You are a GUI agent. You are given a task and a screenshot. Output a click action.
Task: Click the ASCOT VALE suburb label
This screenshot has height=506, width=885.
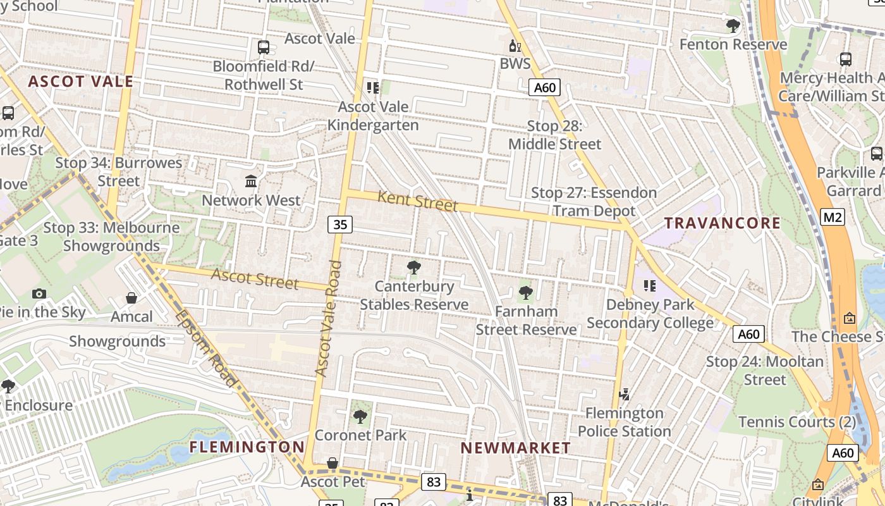(81, 81)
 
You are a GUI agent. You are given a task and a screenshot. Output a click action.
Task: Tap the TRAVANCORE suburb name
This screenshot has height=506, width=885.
(723, 223)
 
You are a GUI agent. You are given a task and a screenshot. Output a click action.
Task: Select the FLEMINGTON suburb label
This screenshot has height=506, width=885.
(247, 447)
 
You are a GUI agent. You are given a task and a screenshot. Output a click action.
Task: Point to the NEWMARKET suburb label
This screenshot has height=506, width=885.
(516, 448)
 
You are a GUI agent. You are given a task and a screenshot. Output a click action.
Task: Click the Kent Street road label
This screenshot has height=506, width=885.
(417, 201)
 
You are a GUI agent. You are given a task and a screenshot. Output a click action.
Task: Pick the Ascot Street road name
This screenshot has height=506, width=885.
(254, 278)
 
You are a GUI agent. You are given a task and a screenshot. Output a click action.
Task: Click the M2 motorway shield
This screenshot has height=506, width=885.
(833, 218)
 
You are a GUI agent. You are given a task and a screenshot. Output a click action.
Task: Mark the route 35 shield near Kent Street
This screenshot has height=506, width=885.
(339, 225)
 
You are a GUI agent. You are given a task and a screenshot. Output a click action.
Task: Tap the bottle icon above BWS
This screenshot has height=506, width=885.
(515, 46)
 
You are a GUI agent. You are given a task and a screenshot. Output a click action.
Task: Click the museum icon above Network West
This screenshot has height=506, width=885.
(251, 182)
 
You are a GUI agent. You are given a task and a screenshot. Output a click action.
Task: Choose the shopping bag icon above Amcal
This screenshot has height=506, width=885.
(131, 298)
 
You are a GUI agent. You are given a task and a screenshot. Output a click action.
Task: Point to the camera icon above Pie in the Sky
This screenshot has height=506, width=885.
(39, 293)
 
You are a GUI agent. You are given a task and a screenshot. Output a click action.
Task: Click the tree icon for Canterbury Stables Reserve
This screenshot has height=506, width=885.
(414, 268)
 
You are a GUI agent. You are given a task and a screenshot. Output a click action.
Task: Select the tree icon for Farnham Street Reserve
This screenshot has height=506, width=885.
(525, 293)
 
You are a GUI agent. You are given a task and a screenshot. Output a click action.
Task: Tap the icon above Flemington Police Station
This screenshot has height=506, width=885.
(624, 395)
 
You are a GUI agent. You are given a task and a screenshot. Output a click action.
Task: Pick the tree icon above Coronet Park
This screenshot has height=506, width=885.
(360, 417)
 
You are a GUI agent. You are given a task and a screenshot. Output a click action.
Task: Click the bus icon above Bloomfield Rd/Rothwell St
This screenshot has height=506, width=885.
(264, 47)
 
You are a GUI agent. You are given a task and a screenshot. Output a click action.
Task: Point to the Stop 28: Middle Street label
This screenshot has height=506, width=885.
(554, 135)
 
